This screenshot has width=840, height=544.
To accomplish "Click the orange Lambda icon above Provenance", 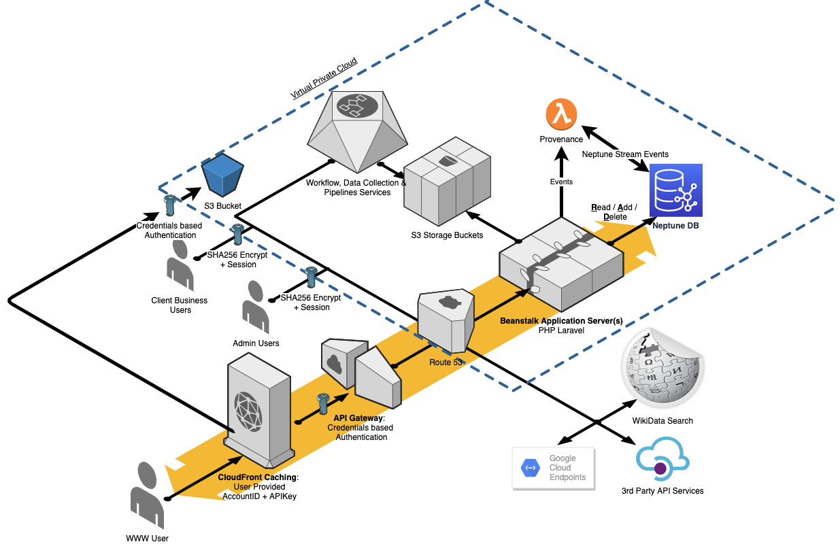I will [560, 114].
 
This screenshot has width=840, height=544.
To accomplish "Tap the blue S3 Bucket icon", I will [222, 176].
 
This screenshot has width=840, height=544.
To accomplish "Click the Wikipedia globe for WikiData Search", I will [660, 370].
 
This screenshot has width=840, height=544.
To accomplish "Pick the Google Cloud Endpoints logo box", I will [553, 468].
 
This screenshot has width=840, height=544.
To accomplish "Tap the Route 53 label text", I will [446, 362].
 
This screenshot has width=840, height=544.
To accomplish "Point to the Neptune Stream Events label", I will [625, 154].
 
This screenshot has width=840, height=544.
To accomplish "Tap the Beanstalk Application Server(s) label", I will [561, 320].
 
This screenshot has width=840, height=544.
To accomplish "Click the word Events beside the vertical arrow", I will [561, 182].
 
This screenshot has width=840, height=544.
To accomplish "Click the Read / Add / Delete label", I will [614, 211].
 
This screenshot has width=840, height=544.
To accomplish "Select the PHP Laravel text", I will [561, 330].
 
